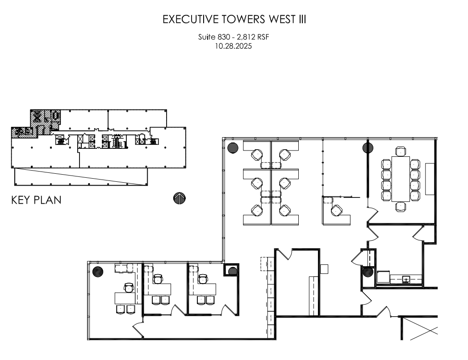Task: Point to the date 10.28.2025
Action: point(234,46)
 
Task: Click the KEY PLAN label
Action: point(36,200)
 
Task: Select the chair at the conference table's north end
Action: point(401,151)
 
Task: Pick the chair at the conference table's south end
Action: point(401,206)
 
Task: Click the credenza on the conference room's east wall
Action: point(430,179)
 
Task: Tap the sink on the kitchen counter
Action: point(406,280)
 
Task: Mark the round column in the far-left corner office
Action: point(97,271)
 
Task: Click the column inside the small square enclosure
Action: point(232,271)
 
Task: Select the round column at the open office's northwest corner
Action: point(233,148)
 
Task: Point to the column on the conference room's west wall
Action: point(368,148)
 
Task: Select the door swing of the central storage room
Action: point(285,255)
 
